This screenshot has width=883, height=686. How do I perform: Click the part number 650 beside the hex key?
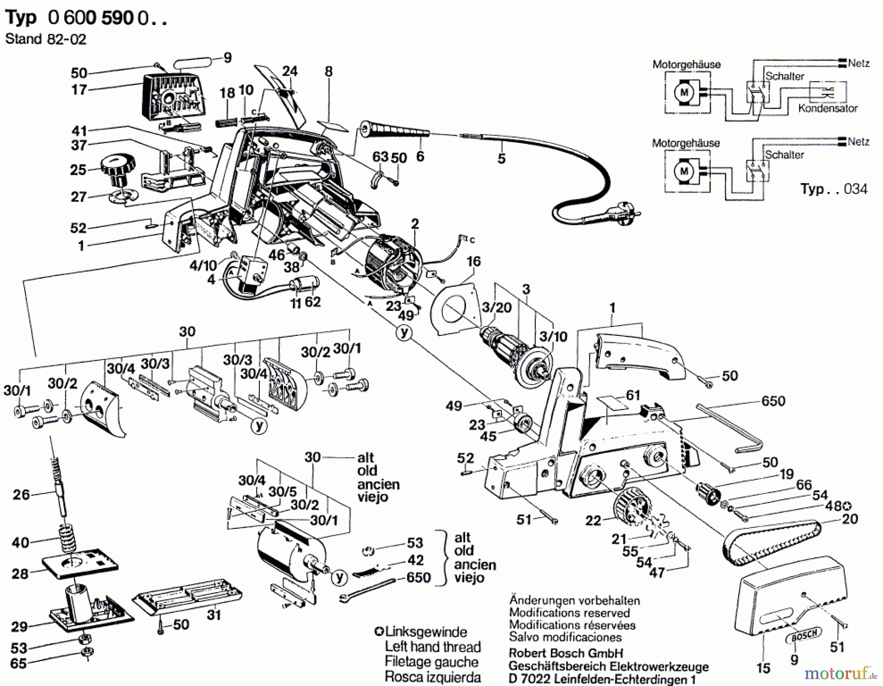(x=773, y=401)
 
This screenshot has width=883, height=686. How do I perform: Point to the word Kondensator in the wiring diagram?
(x=828, y=109)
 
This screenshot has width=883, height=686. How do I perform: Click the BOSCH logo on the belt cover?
(x=805, y=635)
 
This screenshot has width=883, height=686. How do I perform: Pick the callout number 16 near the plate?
(x=473, y=262)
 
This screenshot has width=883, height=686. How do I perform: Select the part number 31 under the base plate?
(x=214, y=614)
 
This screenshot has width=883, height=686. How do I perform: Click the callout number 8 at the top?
(x=329, y=72)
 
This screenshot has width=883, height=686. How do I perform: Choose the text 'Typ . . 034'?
(x=833, y=189)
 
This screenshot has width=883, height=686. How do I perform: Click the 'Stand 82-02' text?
(x=46, y=39)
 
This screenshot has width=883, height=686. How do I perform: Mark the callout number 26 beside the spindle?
(x=22, y=494)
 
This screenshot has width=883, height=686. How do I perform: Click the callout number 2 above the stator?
(x=415, y=224)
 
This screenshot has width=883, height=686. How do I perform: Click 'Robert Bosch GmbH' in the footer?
(x=566, y=654)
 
